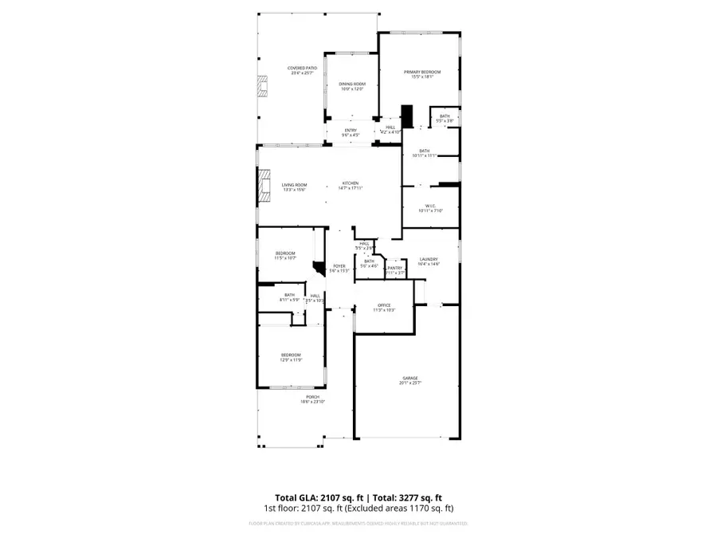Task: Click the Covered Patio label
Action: pyautogui.click(x=303, y=69)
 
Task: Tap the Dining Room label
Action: pyautogui.click(x=352, y=84)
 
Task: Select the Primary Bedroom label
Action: pyautogui.click(x=421, y=72)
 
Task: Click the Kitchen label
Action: pyautogui.click(x=351, y=183)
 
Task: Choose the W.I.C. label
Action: pyautogui.click(x=430, y=205)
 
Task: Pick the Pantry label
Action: pyautogui.click(x=395, y=268)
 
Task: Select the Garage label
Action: pyautogui.click(x=410, y=378)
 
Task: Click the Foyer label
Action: pyautogui.click(x=339, y=265)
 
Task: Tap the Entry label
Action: pyautogui.click(x=351, y=130)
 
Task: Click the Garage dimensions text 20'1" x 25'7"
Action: pyautogui.click(x=410, y=383)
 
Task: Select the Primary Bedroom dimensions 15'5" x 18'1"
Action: pyautogui.click(x=421, y=77)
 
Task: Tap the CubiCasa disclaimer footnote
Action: pyautogui.click(x=358, y=524)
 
